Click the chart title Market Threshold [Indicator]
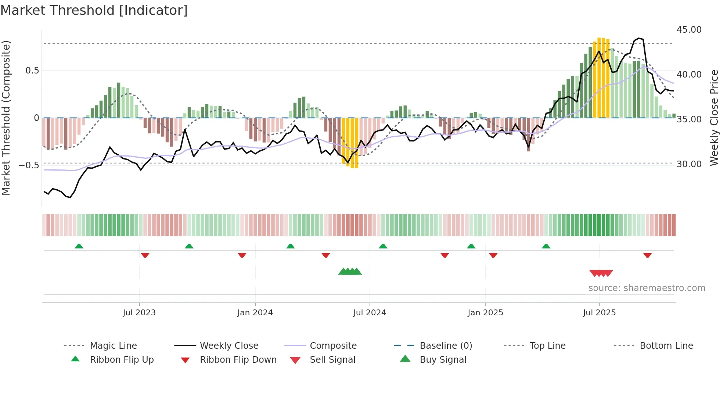click(x=94, y=10)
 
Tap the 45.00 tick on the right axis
click(x=689, y=30)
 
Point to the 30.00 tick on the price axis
click(x=689, y=164)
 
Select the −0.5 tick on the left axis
click(x=29, y=165)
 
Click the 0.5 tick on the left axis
click(x=32, y=71)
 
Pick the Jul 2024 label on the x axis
click(x=369, y=313)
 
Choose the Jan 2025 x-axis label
click(x=485, y=313)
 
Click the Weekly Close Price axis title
click(x=714, y=118)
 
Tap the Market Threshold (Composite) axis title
click(x=6, y=118)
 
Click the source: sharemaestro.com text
click(x=647, y=288)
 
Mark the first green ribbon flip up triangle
click(x=79, y=246)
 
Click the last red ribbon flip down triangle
click(x=647, y=255)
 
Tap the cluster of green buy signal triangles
click(x=350, y=272)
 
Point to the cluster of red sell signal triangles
click(x=601, y=273)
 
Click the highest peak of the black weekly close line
click(x=639, y=38)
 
